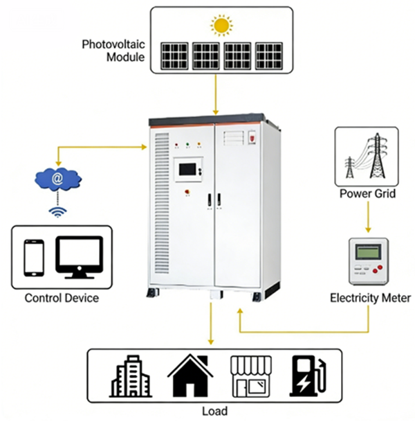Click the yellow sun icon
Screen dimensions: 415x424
click(221, 26)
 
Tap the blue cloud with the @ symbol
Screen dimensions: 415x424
click(58, 179)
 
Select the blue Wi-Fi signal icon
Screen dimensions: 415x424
click(57, 212)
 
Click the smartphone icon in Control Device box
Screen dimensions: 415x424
click(34, 258)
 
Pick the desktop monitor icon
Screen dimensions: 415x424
click(80, 258)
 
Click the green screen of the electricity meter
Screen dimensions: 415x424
click(368, 251)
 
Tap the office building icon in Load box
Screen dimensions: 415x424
click(131, 376)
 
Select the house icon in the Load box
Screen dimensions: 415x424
click(190, 376)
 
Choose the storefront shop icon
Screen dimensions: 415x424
click(251, 376)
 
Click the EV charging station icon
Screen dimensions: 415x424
click(308, 376)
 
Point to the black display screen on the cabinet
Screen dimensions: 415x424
click(187, 169)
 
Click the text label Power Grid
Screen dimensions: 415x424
click(367, 193)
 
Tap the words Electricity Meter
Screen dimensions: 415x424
click(371, 298)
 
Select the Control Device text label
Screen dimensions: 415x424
click(62, 298)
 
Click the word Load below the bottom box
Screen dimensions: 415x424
click(215, 411)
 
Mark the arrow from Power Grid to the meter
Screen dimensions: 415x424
click(368, 217)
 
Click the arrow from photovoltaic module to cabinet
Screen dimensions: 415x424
click(216, 94)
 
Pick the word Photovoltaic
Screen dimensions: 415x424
click(113, 44)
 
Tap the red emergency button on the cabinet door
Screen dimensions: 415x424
click(187, 192)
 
